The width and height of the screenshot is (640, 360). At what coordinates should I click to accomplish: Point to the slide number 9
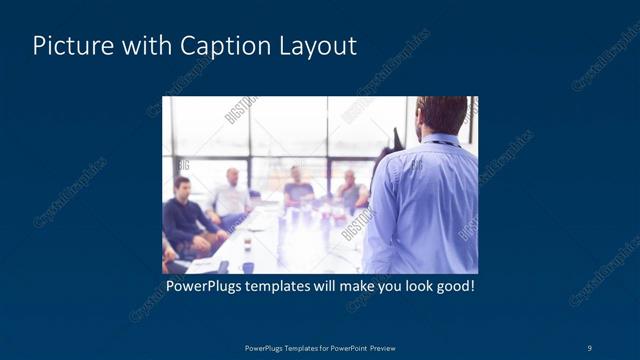(x=590, y=347)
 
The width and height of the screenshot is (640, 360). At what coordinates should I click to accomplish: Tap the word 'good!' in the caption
(x=452, y=287)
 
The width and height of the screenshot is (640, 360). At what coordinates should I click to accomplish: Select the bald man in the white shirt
(x=231, y=195)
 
